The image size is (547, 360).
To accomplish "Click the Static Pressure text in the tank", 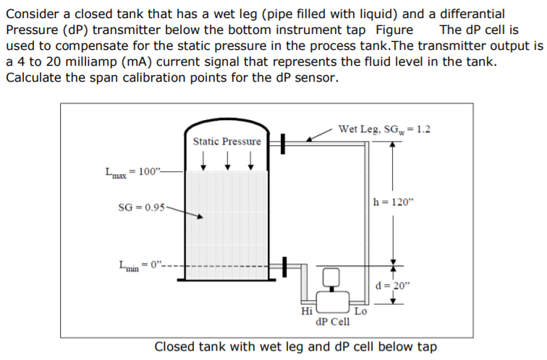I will [226, 141].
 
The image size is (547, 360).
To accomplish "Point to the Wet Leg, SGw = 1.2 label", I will [383, 129].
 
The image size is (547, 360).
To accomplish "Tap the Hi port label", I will [306, 311].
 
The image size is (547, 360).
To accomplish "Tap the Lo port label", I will [360, 312].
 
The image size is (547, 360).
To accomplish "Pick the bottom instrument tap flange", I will [284, 265].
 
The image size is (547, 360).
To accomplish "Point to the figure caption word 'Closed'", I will [177, 346].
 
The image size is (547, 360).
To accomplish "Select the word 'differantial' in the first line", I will [464, 14].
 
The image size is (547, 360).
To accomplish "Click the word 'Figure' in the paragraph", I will [394, 30].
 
